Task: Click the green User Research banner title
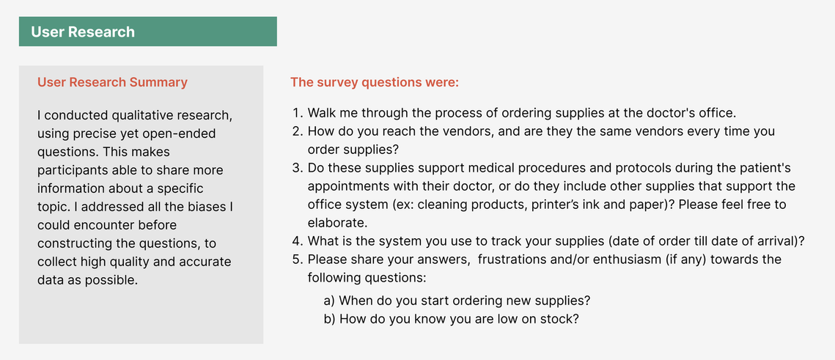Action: pyautogui.click(x=83, y=32)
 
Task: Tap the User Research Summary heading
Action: pyautogui.click(x=112, y=83)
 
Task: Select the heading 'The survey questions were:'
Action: pyautogui.click(x=375, y=83)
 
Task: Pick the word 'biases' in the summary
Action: pyautogui.click(x=188, y=207)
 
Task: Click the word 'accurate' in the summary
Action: pyautogui.click(x=208, y=262)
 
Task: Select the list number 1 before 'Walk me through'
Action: pyautogui.click(x=297, y=114)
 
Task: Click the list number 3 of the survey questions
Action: pyautogui.click(x=297, y=169)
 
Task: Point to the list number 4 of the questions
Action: pyautogui.click(x=297, y=241)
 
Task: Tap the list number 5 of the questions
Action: pyautogui.click(x=297, y=260)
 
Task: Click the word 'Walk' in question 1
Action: pyautogui.click(x=320, y=114)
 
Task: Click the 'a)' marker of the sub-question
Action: pyautogui.click(x=330, y=301)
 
